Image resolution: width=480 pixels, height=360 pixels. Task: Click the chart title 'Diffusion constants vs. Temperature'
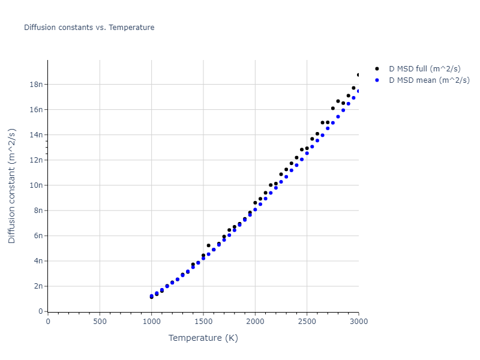point(89,28)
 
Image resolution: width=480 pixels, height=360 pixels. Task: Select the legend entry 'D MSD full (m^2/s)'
point(429,69)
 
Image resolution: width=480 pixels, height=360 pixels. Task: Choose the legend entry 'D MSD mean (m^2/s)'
point(429,80)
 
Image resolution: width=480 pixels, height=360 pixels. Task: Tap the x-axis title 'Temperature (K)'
point(203,338)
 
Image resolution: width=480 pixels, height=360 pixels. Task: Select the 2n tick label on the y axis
point(35,286)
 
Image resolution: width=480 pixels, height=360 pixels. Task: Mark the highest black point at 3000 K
point(359,75)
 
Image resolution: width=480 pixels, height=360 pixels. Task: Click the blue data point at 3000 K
point(359,91)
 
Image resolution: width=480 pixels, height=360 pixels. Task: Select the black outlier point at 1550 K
point(209,245)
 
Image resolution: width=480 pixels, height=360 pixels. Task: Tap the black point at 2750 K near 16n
point(333,109)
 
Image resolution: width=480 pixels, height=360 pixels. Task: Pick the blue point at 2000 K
point(255,209)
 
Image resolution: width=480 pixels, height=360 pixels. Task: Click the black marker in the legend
point(377,69)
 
